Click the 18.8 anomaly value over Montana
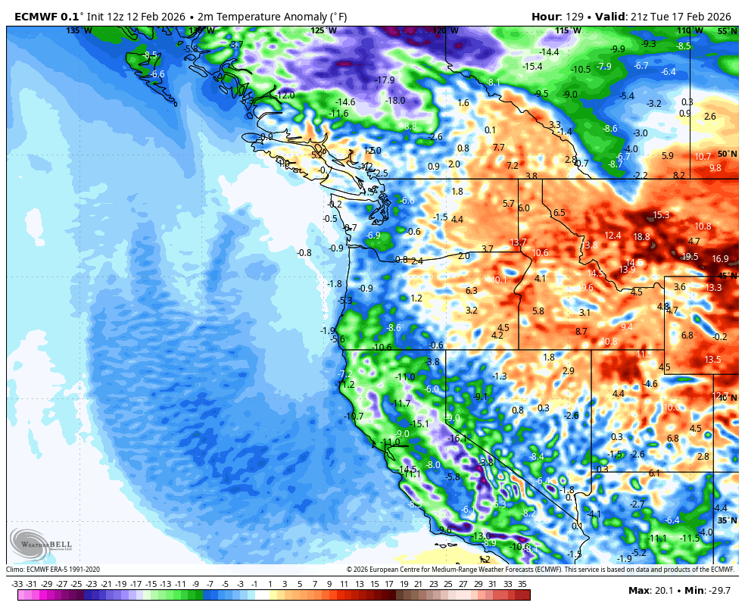pyautogui.click(x=641, y=237)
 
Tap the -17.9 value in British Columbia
pyautogui.click(x=385, y=80)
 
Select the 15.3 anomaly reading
pyautogui.click(x=661, y=215)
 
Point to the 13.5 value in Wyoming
pyautogui.click(x=712, y=359)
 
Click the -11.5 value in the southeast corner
pyautogui.click(x=690, y=538)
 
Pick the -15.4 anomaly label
pyautogui.click(x=532, y=67)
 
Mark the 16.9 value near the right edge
pyautogui.click(x=720, y=258)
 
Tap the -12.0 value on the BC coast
pyautogui.click(x=285, y=95)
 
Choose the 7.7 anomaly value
pyautogui.click(x=498, y=147)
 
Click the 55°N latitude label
pyautogui.click(x=727, y=31)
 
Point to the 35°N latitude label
pyautogui.click(x=727, y=520)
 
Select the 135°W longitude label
pyautogui.click(x=79, y=30)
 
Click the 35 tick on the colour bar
pyautogui.click(x=522, y=584)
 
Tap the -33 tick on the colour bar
pyautogui.click(x=17, y=584)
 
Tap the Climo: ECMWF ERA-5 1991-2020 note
pyautogui.click(x=53, y=570)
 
